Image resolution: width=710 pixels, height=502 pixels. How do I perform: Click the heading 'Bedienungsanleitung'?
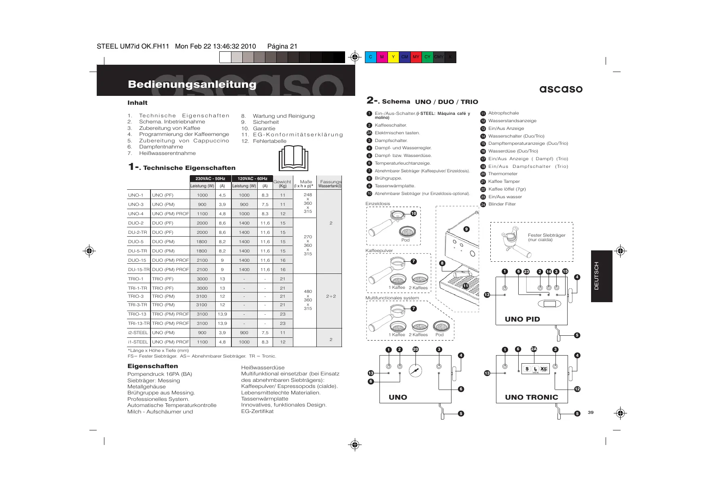[x=192, y=84]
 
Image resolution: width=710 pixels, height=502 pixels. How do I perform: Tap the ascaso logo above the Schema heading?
[x=561, y=89]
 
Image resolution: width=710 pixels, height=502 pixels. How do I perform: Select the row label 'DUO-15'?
[x=137, y=260]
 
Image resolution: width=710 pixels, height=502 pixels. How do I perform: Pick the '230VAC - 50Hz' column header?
[x=210, y=178]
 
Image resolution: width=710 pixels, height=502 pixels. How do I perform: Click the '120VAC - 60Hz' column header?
[x=252, y=178]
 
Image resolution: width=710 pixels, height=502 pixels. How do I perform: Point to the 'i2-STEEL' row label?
[x=138, y=333]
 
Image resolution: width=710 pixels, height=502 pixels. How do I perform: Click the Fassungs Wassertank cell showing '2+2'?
[x=331, y=296]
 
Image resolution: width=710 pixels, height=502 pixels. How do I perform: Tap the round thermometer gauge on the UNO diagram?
[x=415, y=370]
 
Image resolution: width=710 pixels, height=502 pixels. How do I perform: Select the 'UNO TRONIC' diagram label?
[x=531, y=397]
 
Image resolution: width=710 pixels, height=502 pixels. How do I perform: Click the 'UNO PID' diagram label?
[x=522, y=319]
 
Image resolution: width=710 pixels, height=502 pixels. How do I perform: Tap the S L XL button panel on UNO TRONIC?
[x=535, y=369]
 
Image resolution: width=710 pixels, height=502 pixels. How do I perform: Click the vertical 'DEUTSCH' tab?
[x=596, y=276]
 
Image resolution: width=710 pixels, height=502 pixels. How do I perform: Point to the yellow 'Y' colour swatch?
[x=393, y=57]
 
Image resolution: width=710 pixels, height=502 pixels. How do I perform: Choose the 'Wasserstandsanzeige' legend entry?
[x=512, y=121]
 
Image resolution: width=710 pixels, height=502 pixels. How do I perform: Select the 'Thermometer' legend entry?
[x=502, y=174]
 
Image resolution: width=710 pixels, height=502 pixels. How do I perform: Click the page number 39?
[x=591, y=412]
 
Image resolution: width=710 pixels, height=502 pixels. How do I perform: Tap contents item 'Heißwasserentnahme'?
[x=167, y=153]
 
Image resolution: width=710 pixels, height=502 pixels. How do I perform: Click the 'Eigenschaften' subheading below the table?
[x=153, y=366]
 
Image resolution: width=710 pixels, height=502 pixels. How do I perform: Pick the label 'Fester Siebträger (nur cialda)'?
[x=546, y=237]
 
